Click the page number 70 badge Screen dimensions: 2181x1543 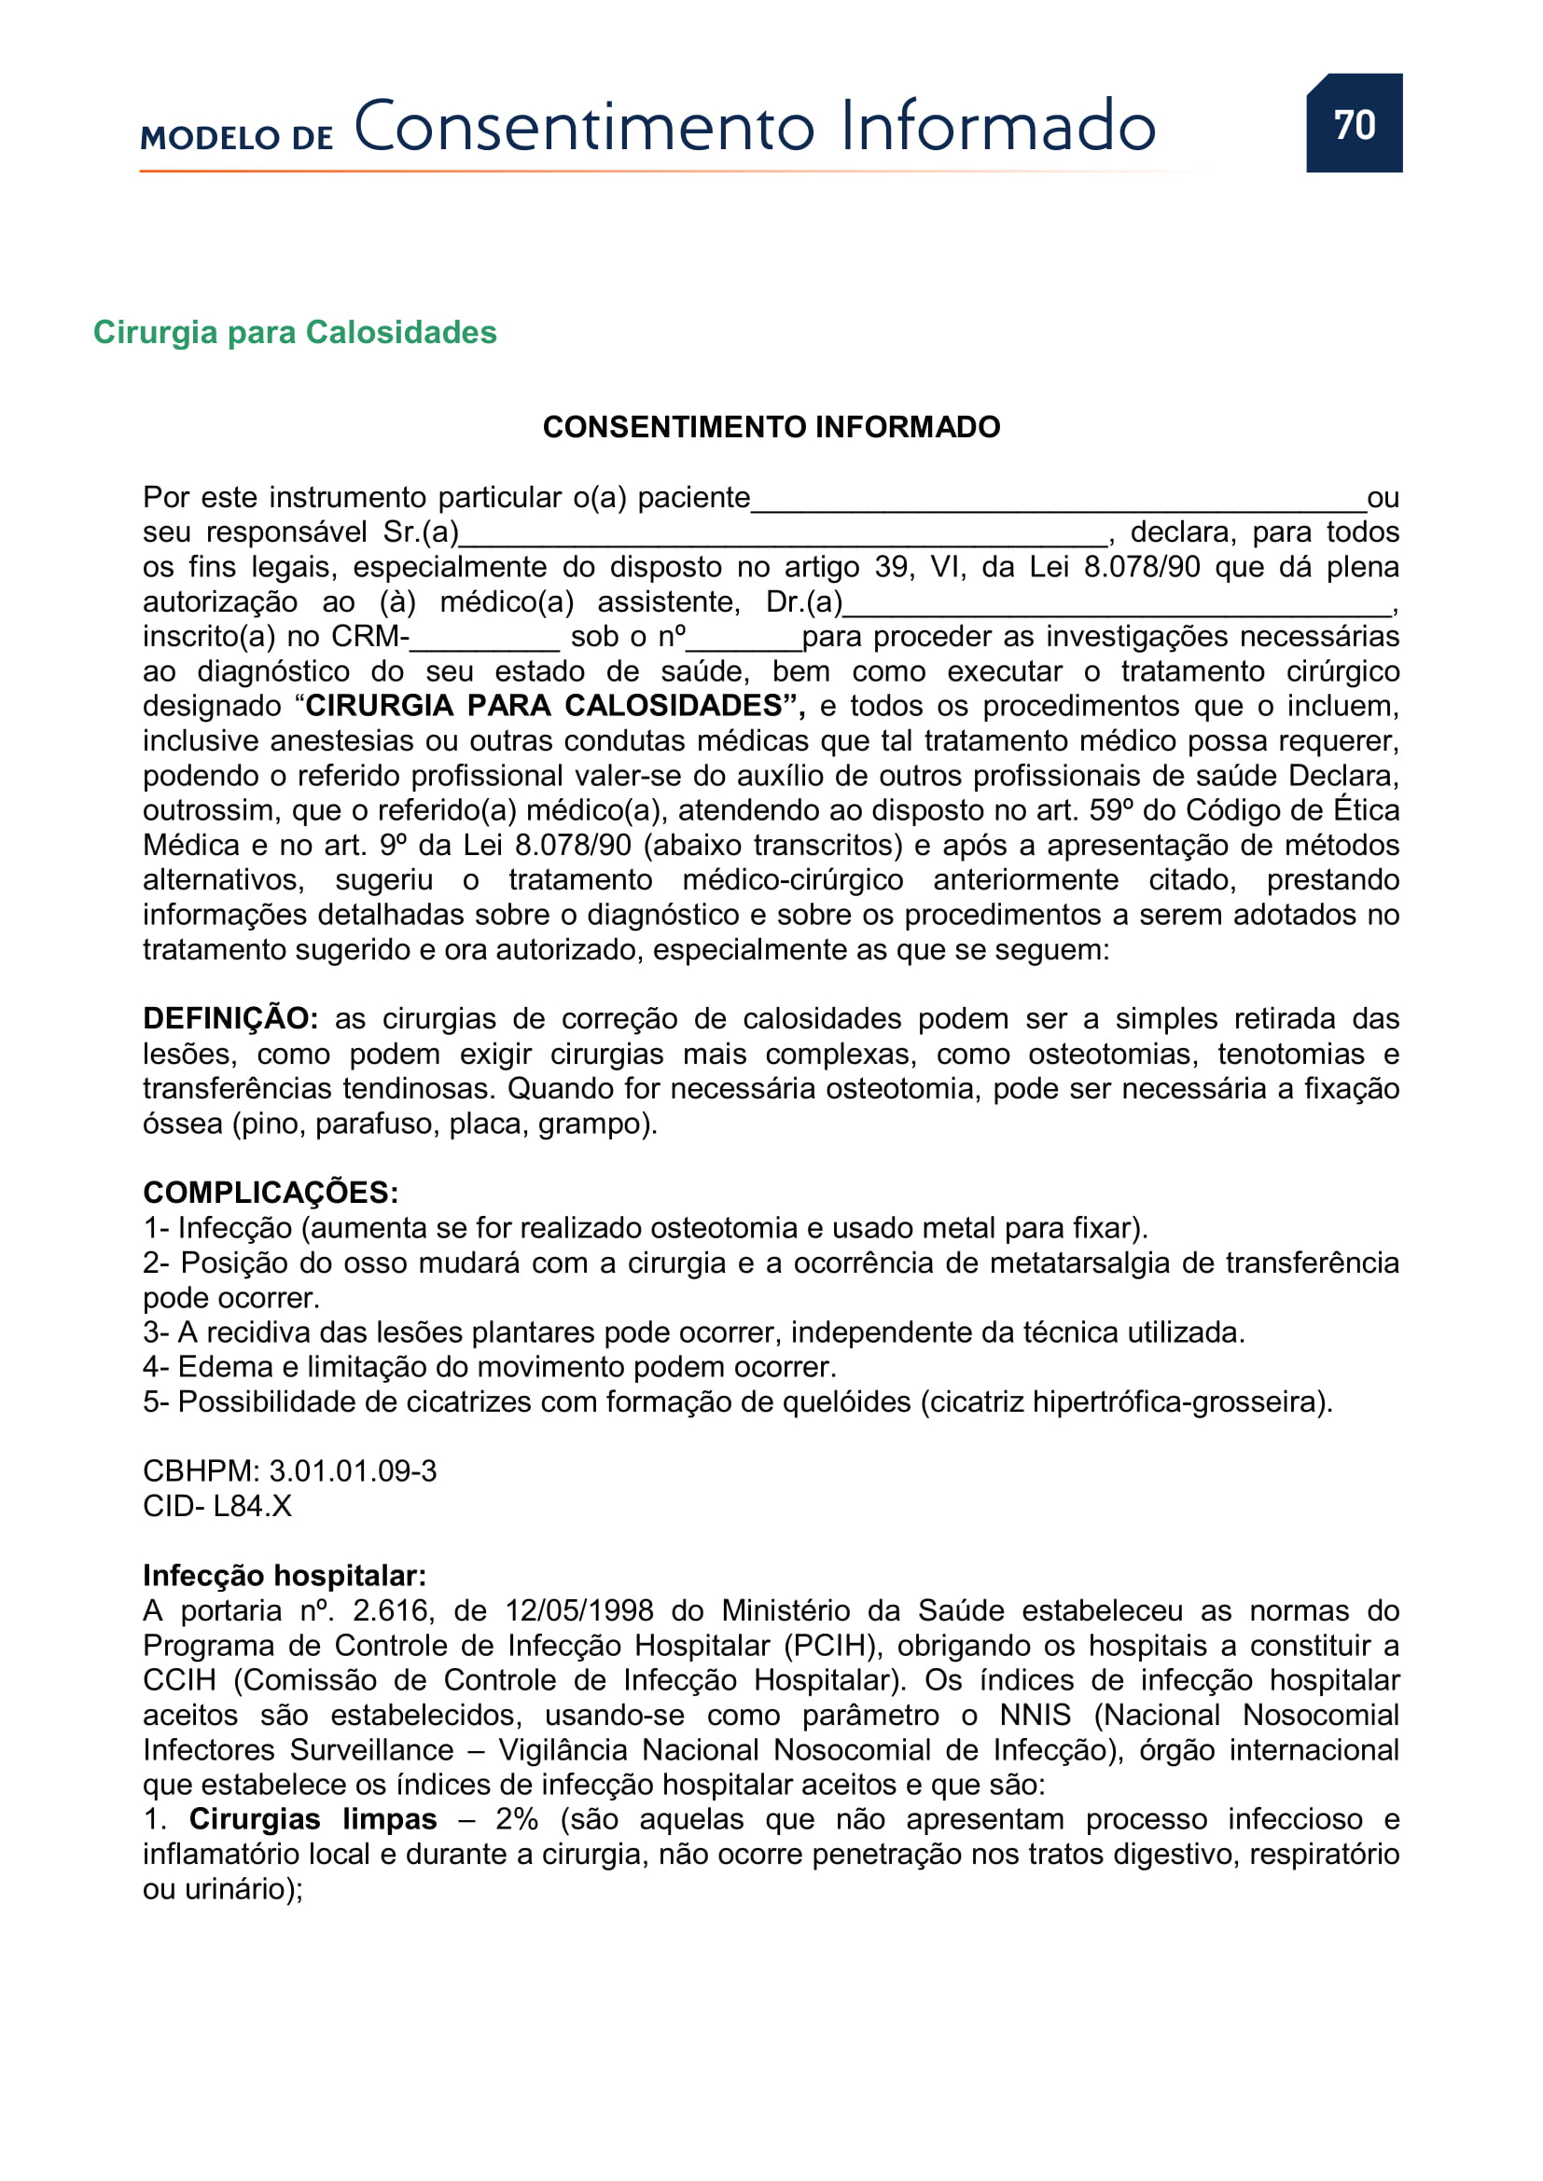1353,123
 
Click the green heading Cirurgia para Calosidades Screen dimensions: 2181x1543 295,333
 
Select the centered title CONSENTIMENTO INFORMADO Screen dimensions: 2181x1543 771,427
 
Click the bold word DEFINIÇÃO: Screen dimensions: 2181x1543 229,1019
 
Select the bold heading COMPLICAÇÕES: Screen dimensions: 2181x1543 271,1194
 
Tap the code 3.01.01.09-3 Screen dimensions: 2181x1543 353,1471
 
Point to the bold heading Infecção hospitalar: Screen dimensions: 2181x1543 285,1576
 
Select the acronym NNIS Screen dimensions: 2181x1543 1035,1716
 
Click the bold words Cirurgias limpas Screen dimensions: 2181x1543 313,1820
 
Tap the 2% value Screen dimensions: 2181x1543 516,1820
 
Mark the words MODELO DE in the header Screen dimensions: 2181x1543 237,138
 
